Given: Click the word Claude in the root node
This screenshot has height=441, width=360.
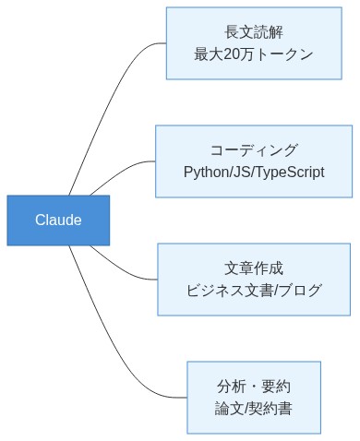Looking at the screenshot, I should [x=58, y=220].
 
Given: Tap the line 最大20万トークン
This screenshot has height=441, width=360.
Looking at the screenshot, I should [x=254, y=54].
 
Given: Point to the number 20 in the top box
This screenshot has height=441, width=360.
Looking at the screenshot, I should [x=233, y=54].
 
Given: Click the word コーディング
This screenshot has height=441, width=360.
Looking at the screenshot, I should [x=254, y=150].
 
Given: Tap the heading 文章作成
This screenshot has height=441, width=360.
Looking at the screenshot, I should [x=254, y=268].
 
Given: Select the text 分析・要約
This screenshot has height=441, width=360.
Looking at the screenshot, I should [x=254, y=387].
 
